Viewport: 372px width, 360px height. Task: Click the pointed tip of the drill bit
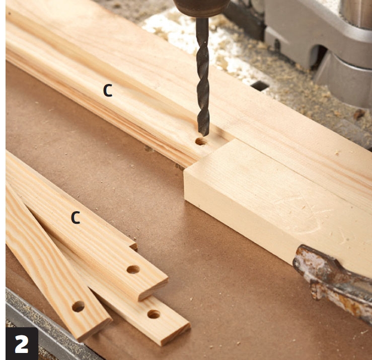tap(203, 136)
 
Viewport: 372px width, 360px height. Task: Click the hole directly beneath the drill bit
tap(201, 142)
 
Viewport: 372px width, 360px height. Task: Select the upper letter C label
tap(108, 91)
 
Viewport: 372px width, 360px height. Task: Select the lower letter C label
tap(76, 218)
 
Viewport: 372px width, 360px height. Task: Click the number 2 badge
tap(22, 343)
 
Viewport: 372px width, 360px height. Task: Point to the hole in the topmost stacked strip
tap(133, 269)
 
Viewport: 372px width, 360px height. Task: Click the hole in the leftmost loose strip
tap(79, 306)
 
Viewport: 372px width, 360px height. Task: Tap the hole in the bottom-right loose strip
tap(154, 314)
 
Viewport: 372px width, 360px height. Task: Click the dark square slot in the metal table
tap(260, 85)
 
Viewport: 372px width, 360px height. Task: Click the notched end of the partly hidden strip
tap(133, 244)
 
